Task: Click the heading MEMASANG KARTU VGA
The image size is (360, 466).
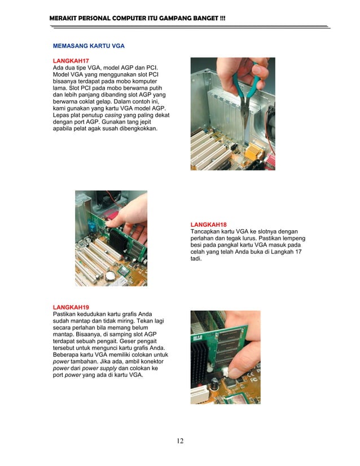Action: click(89, 45)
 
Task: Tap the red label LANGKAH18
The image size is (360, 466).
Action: click(208, 225)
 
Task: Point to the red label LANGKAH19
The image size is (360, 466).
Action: click(71, 307)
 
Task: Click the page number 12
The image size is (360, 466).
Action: click(179, 441)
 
